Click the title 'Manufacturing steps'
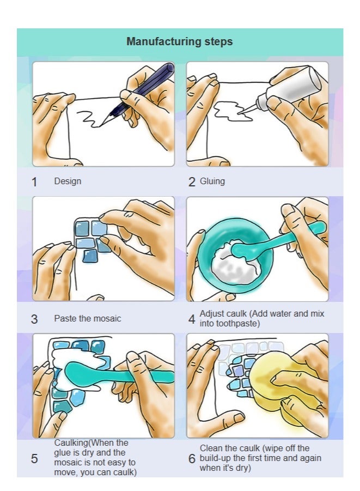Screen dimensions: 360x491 point(179,41)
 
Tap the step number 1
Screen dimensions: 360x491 point(34,182)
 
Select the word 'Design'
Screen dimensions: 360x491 point(68,181)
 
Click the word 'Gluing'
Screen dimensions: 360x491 point(212,181)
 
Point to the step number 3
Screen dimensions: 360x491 point(34,319)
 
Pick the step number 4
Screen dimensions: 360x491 point(192,319)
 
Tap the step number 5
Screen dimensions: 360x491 point(34,458)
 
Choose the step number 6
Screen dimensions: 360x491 point(192,458)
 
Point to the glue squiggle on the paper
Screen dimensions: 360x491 point(233,112)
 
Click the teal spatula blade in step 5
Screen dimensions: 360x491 point(83,373)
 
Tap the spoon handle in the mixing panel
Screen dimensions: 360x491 point(294,237)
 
